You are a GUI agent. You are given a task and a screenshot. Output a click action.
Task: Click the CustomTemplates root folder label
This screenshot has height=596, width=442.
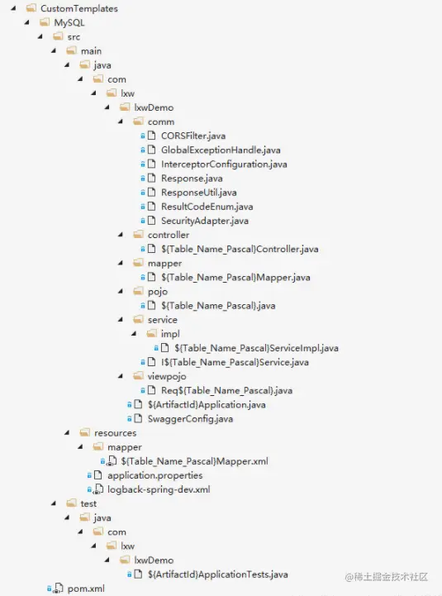(x=79, y=8)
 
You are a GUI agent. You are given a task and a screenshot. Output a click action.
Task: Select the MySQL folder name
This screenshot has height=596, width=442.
(x=69, y=23)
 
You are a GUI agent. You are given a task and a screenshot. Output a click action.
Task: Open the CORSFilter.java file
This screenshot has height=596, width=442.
(x=193, y=136)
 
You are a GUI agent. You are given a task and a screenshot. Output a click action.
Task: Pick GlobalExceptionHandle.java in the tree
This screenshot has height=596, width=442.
(x=221, y=150)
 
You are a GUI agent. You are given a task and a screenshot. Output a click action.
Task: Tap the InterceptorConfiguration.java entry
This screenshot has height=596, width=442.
(x=224, y=164)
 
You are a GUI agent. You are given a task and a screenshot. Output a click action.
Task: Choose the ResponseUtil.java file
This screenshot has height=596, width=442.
(x=199, y=193)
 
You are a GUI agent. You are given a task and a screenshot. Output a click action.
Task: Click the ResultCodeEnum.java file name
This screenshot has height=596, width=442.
(x=207, y=207)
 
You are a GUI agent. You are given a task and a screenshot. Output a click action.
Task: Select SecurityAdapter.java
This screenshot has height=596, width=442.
(x=205, y=221)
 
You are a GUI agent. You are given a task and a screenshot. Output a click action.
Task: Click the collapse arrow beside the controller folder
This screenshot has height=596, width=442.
(x=121, y=235)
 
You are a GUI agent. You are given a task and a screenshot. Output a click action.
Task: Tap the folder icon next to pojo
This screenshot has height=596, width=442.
(x=138, y=291)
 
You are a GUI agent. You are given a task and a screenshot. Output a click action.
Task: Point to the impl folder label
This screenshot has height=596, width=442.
(x=170, y=334)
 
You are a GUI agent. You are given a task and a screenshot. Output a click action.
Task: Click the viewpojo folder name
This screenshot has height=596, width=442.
(x=167, y=376)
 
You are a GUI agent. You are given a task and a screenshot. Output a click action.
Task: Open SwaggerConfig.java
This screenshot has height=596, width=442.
(x=190, y=419)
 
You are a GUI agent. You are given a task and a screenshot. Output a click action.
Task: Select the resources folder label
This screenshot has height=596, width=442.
(x=115, y=433)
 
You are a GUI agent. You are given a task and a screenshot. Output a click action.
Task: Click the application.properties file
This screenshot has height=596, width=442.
(x=155, y=475)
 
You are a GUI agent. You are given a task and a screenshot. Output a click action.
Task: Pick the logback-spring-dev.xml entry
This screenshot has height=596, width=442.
(x=159, y=489)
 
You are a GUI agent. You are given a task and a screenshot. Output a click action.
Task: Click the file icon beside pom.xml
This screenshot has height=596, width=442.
(x=58, y=589)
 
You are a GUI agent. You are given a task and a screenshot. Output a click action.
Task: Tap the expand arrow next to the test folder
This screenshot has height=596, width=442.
(x=54, y=503)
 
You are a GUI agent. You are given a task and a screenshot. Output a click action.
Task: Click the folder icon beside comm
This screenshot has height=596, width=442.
(x=138, y=122)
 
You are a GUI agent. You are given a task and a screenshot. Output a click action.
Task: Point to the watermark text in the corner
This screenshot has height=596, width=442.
(x=387, y=577)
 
